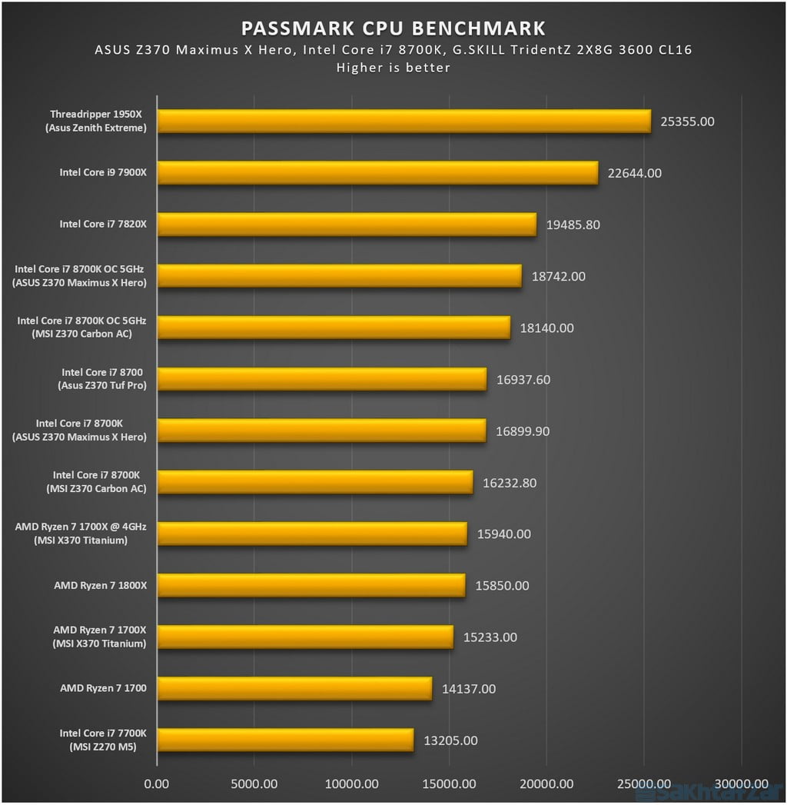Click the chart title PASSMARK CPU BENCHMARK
click(x=393, y=28)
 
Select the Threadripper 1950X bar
click(x=403, y=121)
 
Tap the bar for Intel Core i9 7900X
click(x=377, y=173)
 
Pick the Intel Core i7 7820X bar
click(x=347, y=225)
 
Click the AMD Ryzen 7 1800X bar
click(x=311, y=586)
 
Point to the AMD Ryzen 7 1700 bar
click(x=294, y=689)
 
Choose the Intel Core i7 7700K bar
click(x=285, y=740)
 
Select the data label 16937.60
click(x=523, y=380)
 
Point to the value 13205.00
click(x=450, y=741)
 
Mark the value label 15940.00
click(x=503, y=534)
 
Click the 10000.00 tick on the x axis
click(x=351, y=784)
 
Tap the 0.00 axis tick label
click(x=157, y=784)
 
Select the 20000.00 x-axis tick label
click(x=546, y=784)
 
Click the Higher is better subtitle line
click(x=393, y=68)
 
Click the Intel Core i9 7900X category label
click(x=103, y=173)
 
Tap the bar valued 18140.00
click(x=334, y=328)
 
